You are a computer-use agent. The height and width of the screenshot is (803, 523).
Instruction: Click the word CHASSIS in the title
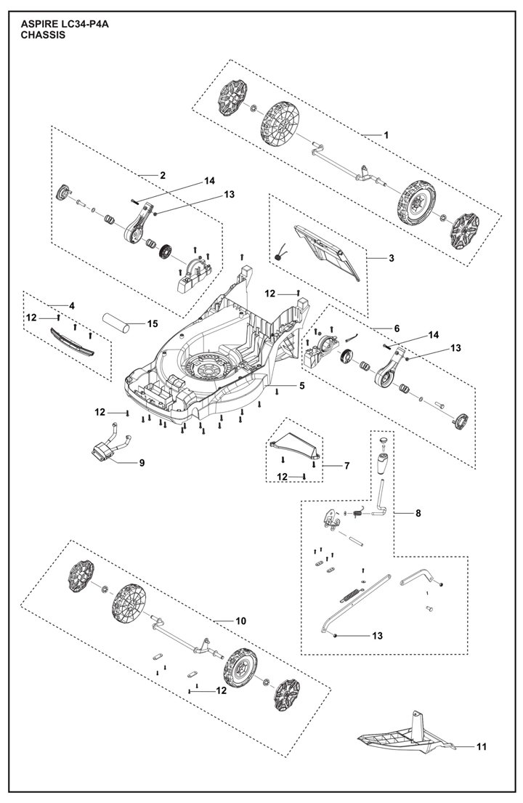pos(43,36)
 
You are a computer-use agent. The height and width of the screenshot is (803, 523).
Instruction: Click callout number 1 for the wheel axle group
pos(386,135)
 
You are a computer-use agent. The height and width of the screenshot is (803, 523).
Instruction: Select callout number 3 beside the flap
pos(392,258)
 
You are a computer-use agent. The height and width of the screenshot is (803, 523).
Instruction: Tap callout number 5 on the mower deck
pos(302,386)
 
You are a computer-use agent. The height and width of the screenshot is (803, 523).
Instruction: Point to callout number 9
pos(142,462)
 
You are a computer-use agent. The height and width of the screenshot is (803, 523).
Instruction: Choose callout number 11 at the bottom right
pos(482,746)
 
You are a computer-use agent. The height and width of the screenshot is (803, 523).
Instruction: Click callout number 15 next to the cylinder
pos(153,323)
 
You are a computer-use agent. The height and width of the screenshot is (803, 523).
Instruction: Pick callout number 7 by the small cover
pos(346,466)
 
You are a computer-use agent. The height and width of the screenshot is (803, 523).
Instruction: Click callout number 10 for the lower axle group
pos(241,621)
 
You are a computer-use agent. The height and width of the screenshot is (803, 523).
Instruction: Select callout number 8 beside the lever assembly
pos(418,512)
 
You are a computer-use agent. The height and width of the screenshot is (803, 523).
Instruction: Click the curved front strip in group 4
pos(73,342)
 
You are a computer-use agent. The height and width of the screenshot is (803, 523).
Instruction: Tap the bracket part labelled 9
pos(112,443)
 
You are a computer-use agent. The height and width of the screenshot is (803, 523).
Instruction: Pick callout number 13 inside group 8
pos(377,636)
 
